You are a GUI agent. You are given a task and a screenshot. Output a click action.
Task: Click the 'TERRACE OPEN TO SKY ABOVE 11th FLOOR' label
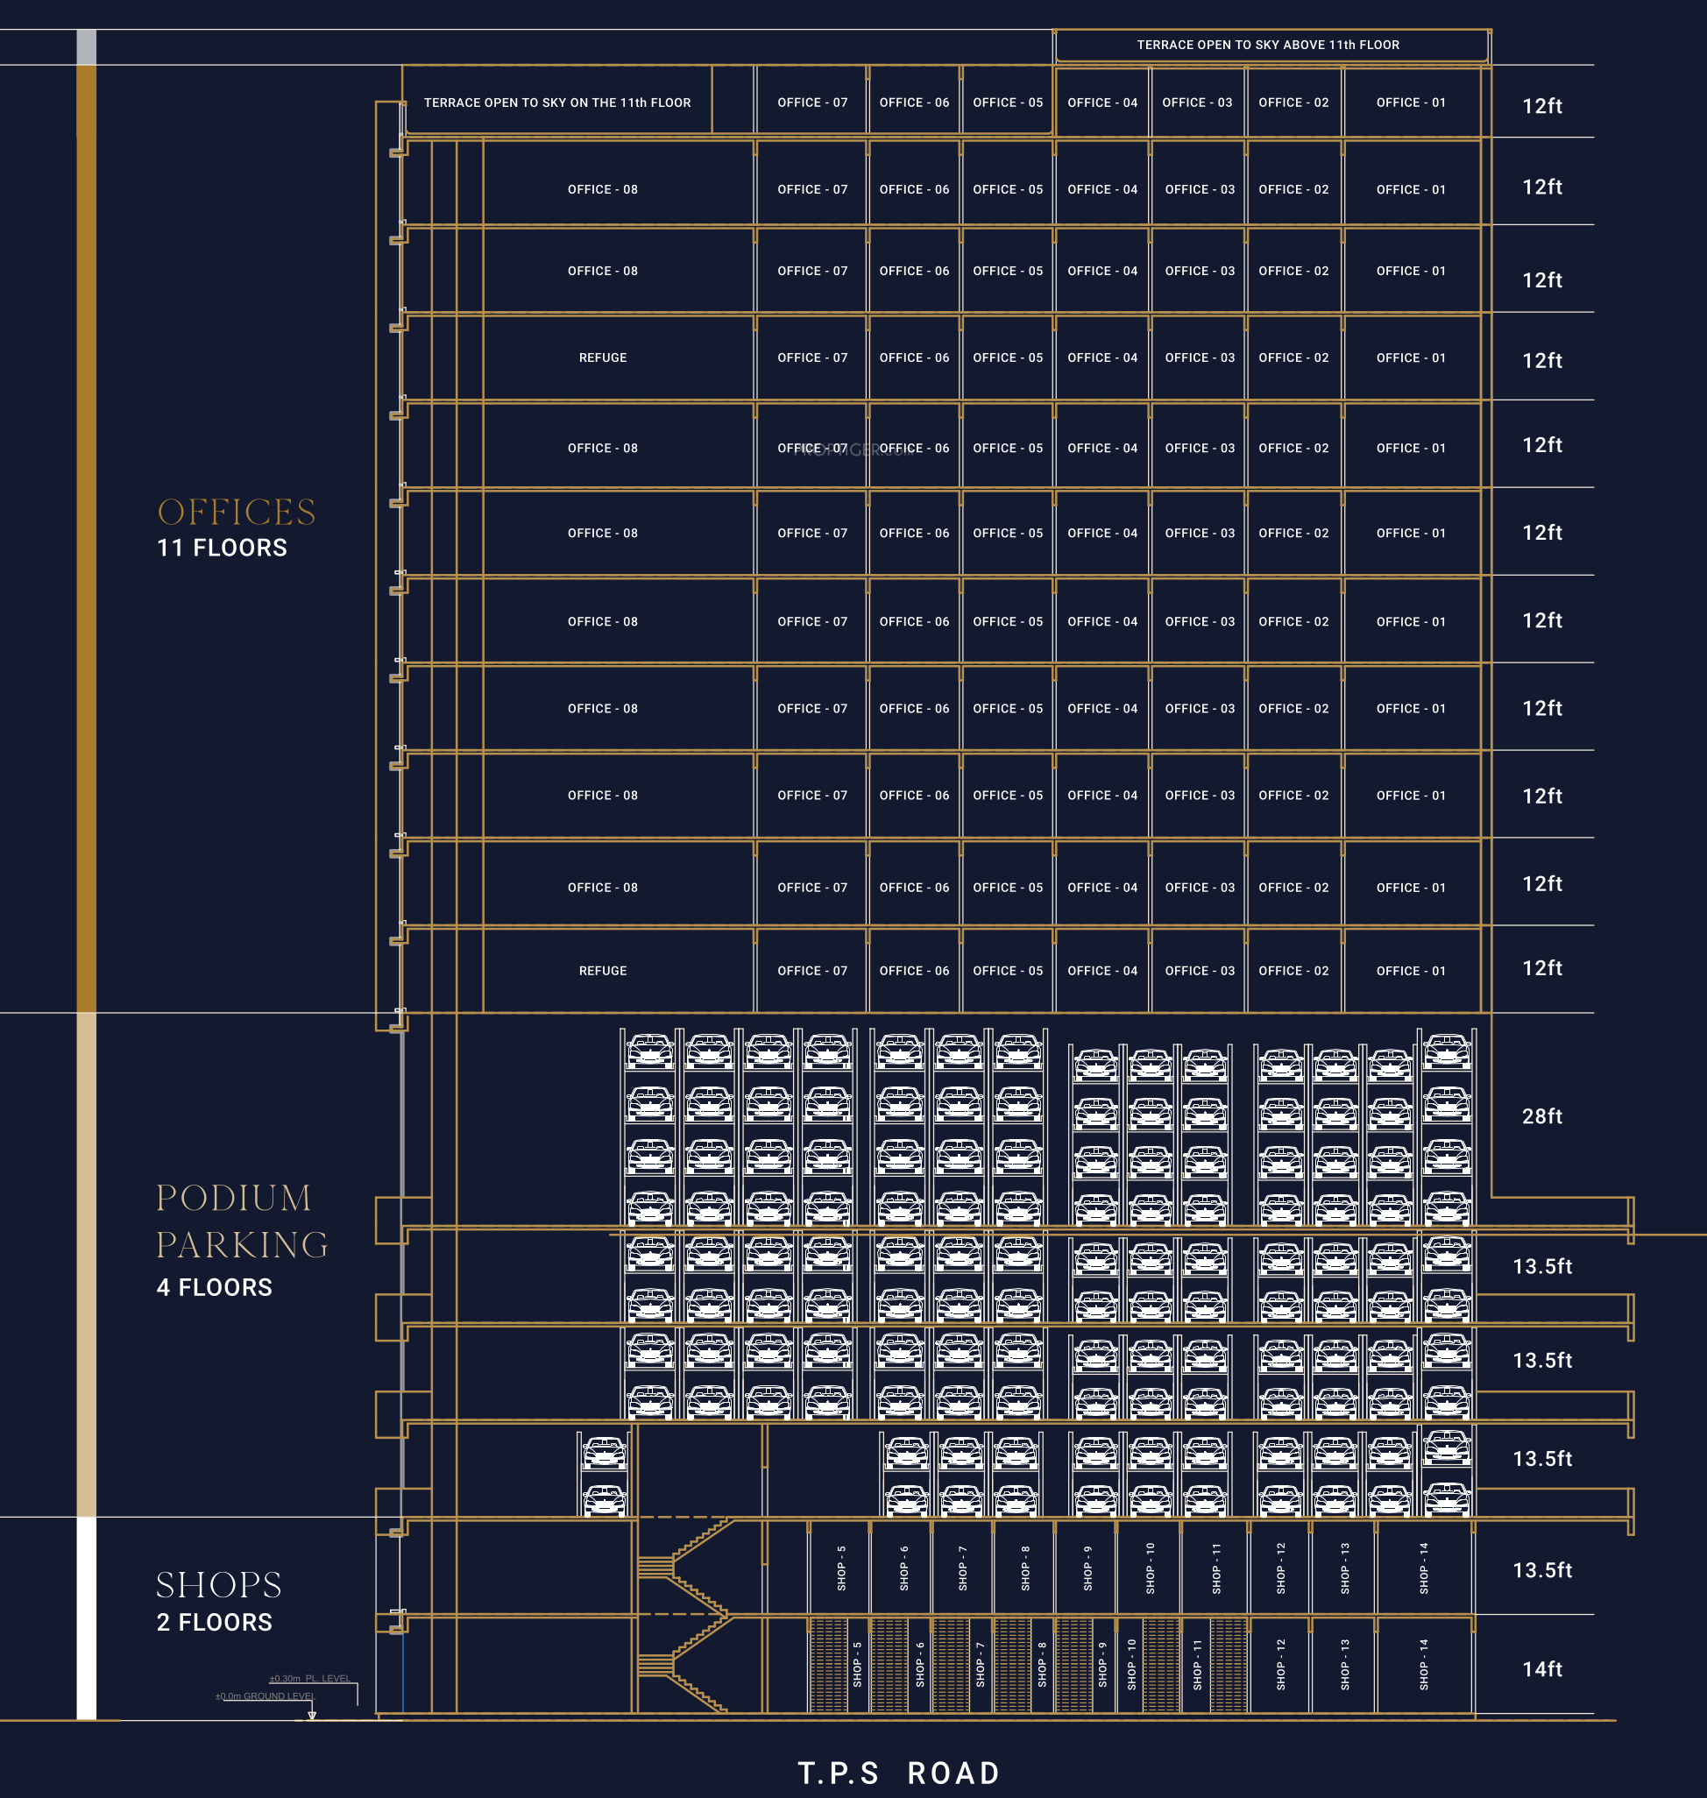(x=1267, y=45)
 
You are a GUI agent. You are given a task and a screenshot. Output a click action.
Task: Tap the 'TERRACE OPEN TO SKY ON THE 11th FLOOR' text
(x=556, y=103)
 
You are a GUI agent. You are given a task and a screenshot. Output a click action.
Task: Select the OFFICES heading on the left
(x=237, y=513)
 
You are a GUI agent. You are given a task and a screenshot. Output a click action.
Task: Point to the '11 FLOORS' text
(x=222, y=548)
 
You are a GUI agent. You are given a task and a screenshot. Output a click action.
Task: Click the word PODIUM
(x=234, y=1198)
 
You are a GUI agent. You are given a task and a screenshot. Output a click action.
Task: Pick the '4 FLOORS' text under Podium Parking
(x=214, y=1287)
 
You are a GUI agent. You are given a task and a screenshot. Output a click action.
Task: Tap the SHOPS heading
(x=218, y=1585)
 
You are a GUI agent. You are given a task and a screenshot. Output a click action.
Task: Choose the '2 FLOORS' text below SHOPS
(x=214, y=1623)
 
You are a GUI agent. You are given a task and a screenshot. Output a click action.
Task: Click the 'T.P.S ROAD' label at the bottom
(x=899, y=1773)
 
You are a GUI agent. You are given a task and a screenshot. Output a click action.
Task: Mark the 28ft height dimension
(x=1542, y=1116)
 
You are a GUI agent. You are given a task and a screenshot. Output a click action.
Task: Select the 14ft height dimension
(x=1542, y=1669)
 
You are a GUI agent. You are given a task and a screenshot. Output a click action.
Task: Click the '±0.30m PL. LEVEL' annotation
(x=309, y=1679)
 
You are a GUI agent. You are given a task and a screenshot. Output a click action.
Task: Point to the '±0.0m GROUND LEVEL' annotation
(x=265, y=1696)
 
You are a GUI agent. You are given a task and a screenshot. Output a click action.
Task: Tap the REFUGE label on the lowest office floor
(x=602, y=971)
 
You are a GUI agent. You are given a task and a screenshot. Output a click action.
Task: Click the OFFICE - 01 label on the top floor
(x=1410, y=103)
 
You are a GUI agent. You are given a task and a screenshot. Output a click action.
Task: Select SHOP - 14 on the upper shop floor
(x=1424, y=1568)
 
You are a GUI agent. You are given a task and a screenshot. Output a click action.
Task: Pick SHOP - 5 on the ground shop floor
(x=857, y=1665)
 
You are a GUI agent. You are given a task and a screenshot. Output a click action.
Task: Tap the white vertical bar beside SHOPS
(x=87, y=1617)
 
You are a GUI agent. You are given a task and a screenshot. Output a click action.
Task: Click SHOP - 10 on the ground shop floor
(x=1132, y=1665)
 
